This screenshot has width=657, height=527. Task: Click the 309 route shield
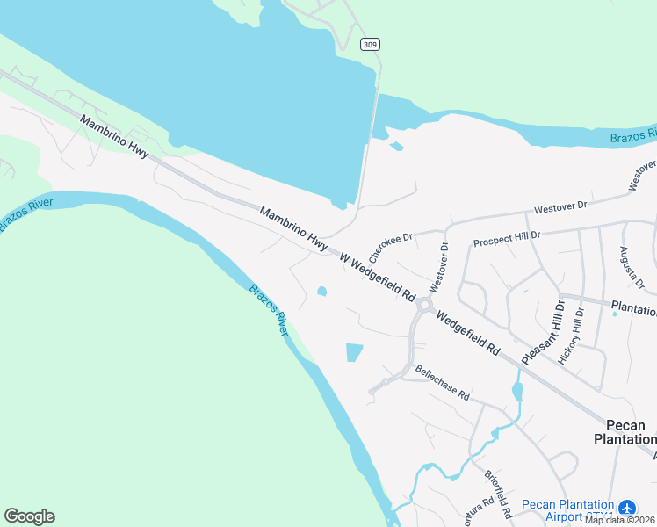pyautogui.click(x=370, y=44)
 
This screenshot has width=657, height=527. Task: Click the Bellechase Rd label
pyautogui.click(x=443, y=383)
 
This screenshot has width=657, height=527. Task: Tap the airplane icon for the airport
pyautogui.click(x=626, y=507)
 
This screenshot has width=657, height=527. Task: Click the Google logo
pyautogui.click(x=29, y=516)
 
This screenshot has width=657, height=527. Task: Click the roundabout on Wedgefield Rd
pyautogui.click(x=425, y=306)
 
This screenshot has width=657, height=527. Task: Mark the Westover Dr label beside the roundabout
pyautogui.click(x=439, y=268)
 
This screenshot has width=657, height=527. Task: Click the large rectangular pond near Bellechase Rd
pyautogui.click(x=354, y=352)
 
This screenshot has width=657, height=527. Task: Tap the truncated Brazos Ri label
pyautogui.click(x=633, y=137)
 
